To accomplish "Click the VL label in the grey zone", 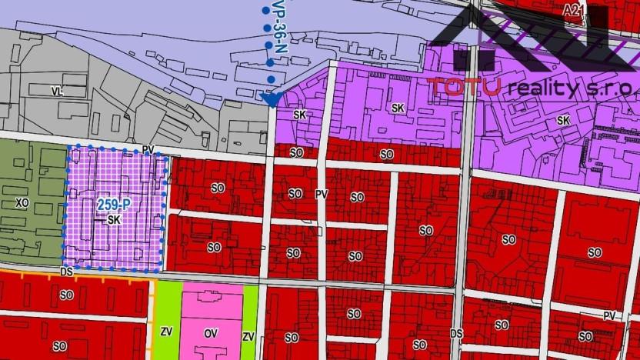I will (x=55, y=91).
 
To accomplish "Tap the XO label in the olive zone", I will (x=22, y=203).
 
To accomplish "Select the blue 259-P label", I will (x=112, y=205).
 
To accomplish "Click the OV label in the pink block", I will (x=211, y=335).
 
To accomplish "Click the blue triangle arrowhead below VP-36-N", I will (x=269, y=99).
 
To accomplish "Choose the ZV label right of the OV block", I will (x=248, y=337).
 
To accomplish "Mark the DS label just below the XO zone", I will (x=66, y=272).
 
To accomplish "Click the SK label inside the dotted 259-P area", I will (x=114, y=220).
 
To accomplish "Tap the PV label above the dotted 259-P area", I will (x=148, y=149).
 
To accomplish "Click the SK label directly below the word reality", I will (x=563, y=121).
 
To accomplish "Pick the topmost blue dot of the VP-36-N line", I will (x=266, y=10).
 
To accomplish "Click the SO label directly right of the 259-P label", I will (x=218, y=188).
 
